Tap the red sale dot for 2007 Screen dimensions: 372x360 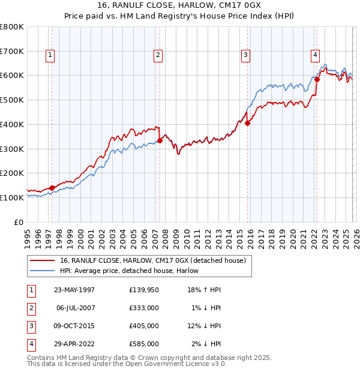tap(160, 141)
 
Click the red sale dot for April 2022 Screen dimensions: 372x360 tap(317, 79)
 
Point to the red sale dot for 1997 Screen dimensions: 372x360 tap(52, 188)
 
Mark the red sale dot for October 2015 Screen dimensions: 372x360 tap(247, 123)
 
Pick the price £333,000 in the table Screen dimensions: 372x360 tap(144, 308)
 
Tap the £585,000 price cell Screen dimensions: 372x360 tap(144, 344)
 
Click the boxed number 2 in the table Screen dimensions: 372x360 tap(30, 308)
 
